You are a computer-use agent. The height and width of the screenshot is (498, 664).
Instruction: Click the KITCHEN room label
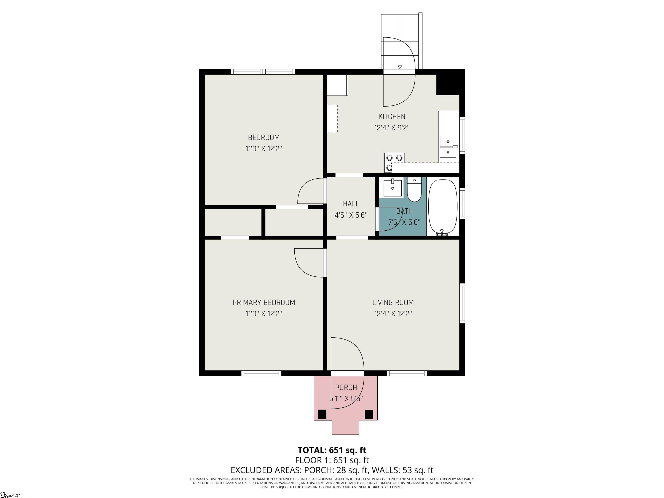(x=391, y=117)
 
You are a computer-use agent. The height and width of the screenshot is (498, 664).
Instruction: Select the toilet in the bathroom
(x=415, y=191)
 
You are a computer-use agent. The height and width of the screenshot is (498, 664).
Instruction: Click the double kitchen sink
(x=448, y=147)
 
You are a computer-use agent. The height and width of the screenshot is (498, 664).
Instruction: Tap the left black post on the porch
(x=322, y=414)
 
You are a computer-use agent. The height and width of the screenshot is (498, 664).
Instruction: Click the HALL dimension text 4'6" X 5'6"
(x=351, y=215)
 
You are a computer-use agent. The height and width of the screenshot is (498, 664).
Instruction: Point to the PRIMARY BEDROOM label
(x=263, y=302)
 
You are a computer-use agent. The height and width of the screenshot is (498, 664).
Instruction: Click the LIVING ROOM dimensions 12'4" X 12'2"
(x=393, y=314)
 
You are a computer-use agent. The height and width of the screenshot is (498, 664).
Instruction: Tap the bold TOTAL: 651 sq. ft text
(x=332, y=450)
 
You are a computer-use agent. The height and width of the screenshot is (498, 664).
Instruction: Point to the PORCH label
(x=346, y=388)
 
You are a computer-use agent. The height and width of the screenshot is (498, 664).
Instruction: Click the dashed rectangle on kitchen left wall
(x=332, y=119)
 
